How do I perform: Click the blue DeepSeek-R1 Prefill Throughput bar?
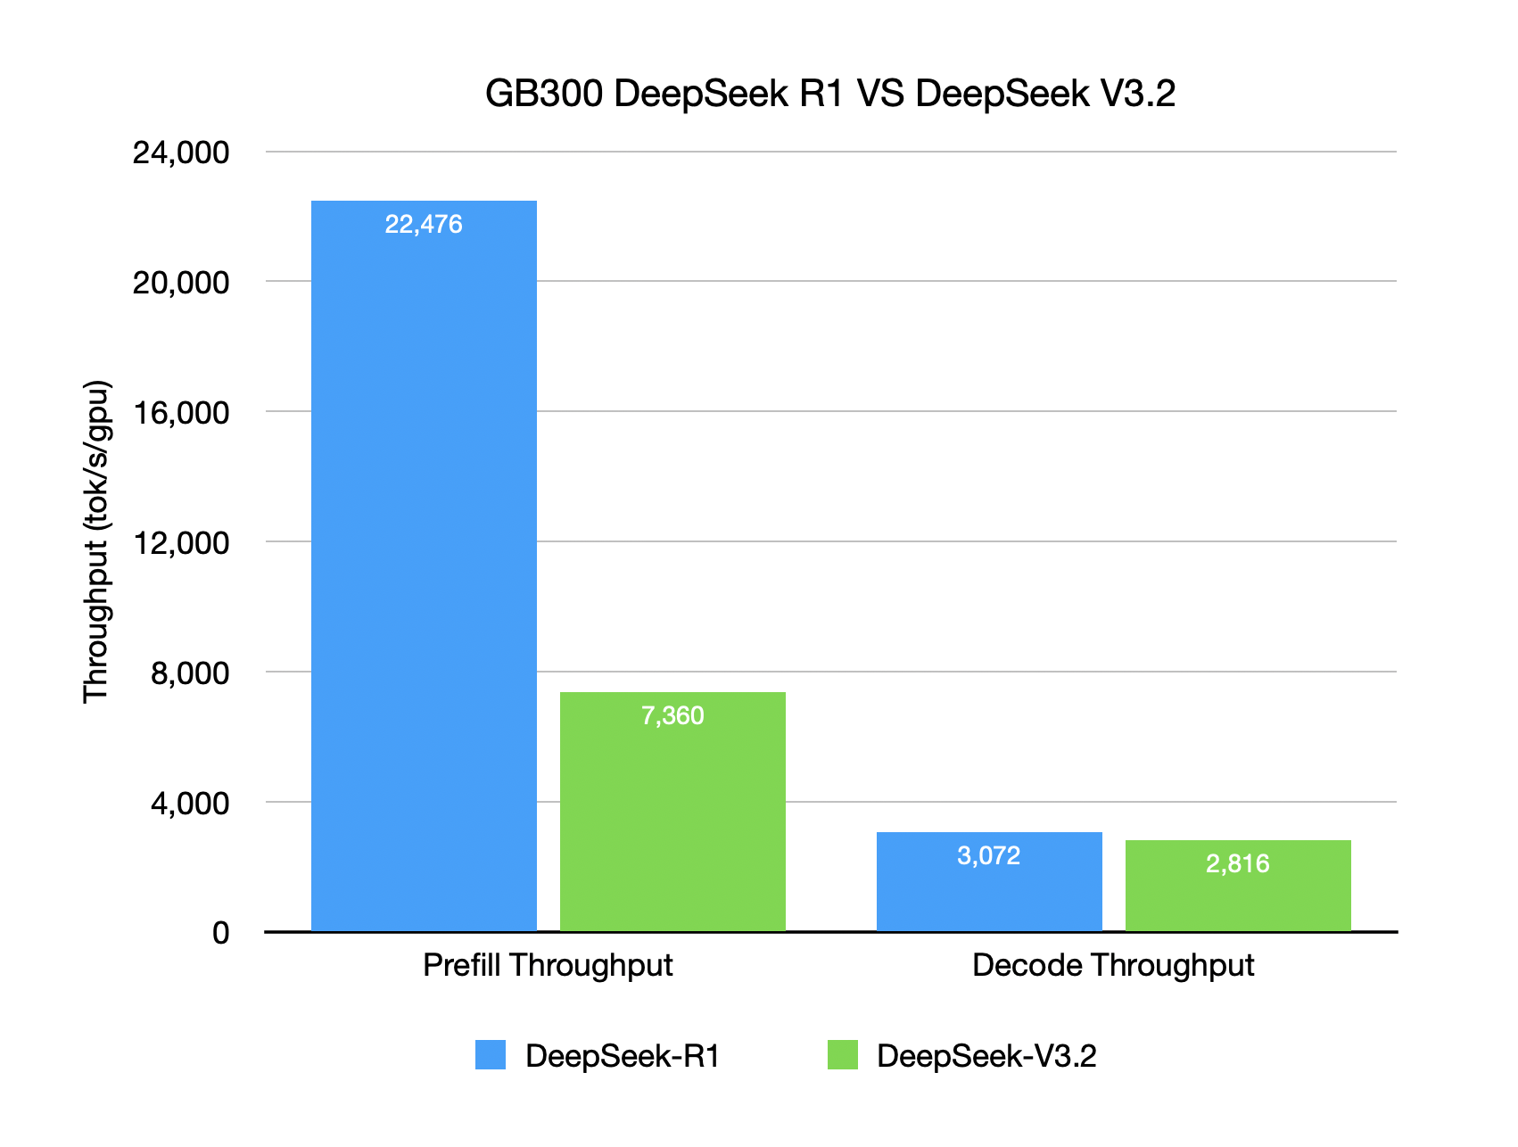pyautogui.click(x=424, y=571)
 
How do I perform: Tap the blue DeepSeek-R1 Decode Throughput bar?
pyautogui.click(x=989, y=892)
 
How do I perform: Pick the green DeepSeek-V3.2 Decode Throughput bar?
pyautogui.click(x=1238, y=896)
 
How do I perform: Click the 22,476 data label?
pyautogui.click(x=424, y=224)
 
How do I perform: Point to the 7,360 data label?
pyautogui.click(x=672, y=715)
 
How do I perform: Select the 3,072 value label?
pyautogui.click(x=988, y=856)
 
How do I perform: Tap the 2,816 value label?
pyautogui.click(x=1238, y=863)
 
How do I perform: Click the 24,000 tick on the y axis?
pyautogui.click(x=181, y=153)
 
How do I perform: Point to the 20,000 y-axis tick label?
pyautogui.click(x=181, y=283)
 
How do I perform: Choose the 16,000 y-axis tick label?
pyautogui.click(x=181, y=413)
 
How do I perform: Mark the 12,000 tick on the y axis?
pyautogui.click(x=181, y=542)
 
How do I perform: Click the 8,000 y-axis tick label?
pyautogui.click(x=190, y=673)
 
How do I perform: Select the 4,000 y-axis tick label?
pyautogui.click(x=190, y=803)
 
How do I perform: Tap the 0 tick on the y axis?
pyautogui.click(x=220, y=933)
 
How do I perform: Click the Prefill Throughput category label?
pyautogui.click(x=548, y=965)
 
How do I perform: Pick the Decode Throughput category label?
pyautogui.click(x=1113, y=965)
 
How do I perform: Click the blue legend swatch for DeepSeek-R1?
pyautogui.click(x=491, y=1055)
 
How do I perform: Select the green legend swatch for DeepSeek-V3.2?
pyautogui.click(x=842, y=1055)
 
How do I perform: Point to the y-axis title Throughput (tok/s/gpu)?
pyautogui.click(x=96, y=542)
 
